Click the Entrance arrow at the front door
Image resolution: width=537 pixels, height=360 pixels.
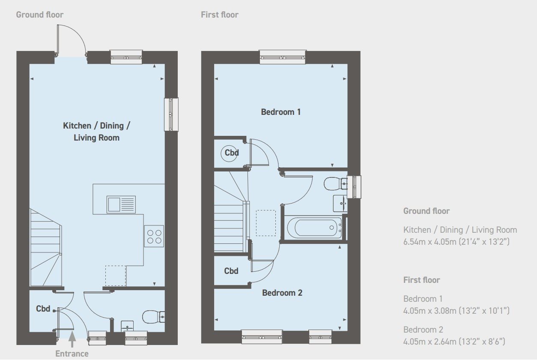[x=72, y=339]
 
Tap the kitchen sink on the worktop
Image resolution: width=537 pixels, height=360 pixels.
[x=121, y=204]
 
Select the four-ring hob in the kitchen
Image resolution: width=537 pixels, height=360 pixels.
[x=154, y=236]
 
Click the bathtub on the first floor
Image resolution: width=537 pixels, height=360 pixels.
[x=314, y=228]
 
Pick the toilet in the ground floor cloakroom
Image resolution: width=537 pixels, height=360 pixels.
[x=153, y=317]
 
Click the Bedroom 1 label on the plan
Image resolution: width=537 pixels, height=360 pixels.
[x=281, y=112]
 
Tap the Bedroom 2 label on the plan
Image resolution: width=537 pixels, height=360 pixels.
[x=282, y=293]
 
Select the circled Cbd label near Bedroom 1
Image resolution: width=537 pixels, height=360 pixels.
[x=232, y=153]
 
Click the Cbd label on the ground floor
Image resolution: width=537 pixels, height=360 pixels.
[x=43, y=309]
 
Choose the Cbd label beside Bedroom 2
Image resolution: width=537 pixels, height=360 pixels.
[x=231, y=271]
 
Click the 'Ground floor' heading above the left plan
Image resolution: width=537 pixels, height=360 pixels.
[x=40, y=15]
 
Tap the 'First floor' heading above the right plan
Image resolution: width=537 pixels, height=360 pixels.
[x=220, y=15]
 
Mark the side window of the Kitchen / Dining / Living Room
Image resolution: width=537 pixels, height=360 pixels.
[x=171, y=114]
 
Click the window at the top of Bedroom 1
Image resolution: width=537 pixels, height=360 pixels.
[x=283, y=57]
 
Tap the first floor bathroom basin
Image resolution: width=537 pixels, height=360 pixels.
[x=340, y=204]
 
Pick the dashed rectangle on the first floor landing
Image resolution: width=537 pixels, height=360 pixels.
[x=266, y=223]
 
